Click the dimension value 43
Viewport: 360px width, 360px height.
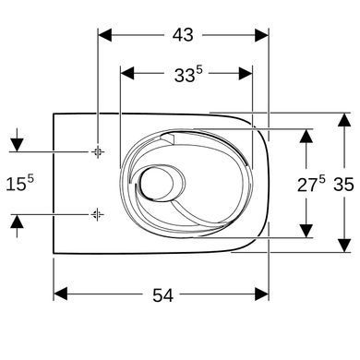183,35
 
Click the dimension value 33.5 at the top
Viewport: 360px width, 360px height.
188,74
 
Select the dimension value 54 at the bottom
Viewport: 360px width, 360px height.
163,295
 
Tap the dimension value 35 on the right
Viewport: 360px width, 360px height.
344,185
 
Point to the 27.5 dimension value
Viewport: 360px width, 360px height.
311,184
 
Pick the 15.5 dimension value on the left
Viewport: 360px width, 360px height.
19,184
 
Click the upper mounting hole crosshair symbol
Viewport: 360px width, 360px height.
98,151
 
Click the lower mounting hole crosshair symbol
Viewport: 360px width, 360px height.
98,214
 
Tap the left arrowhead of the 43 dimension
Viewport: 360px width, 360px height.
104,35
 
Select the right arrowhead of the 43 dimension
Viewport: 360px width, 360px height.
262,35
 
